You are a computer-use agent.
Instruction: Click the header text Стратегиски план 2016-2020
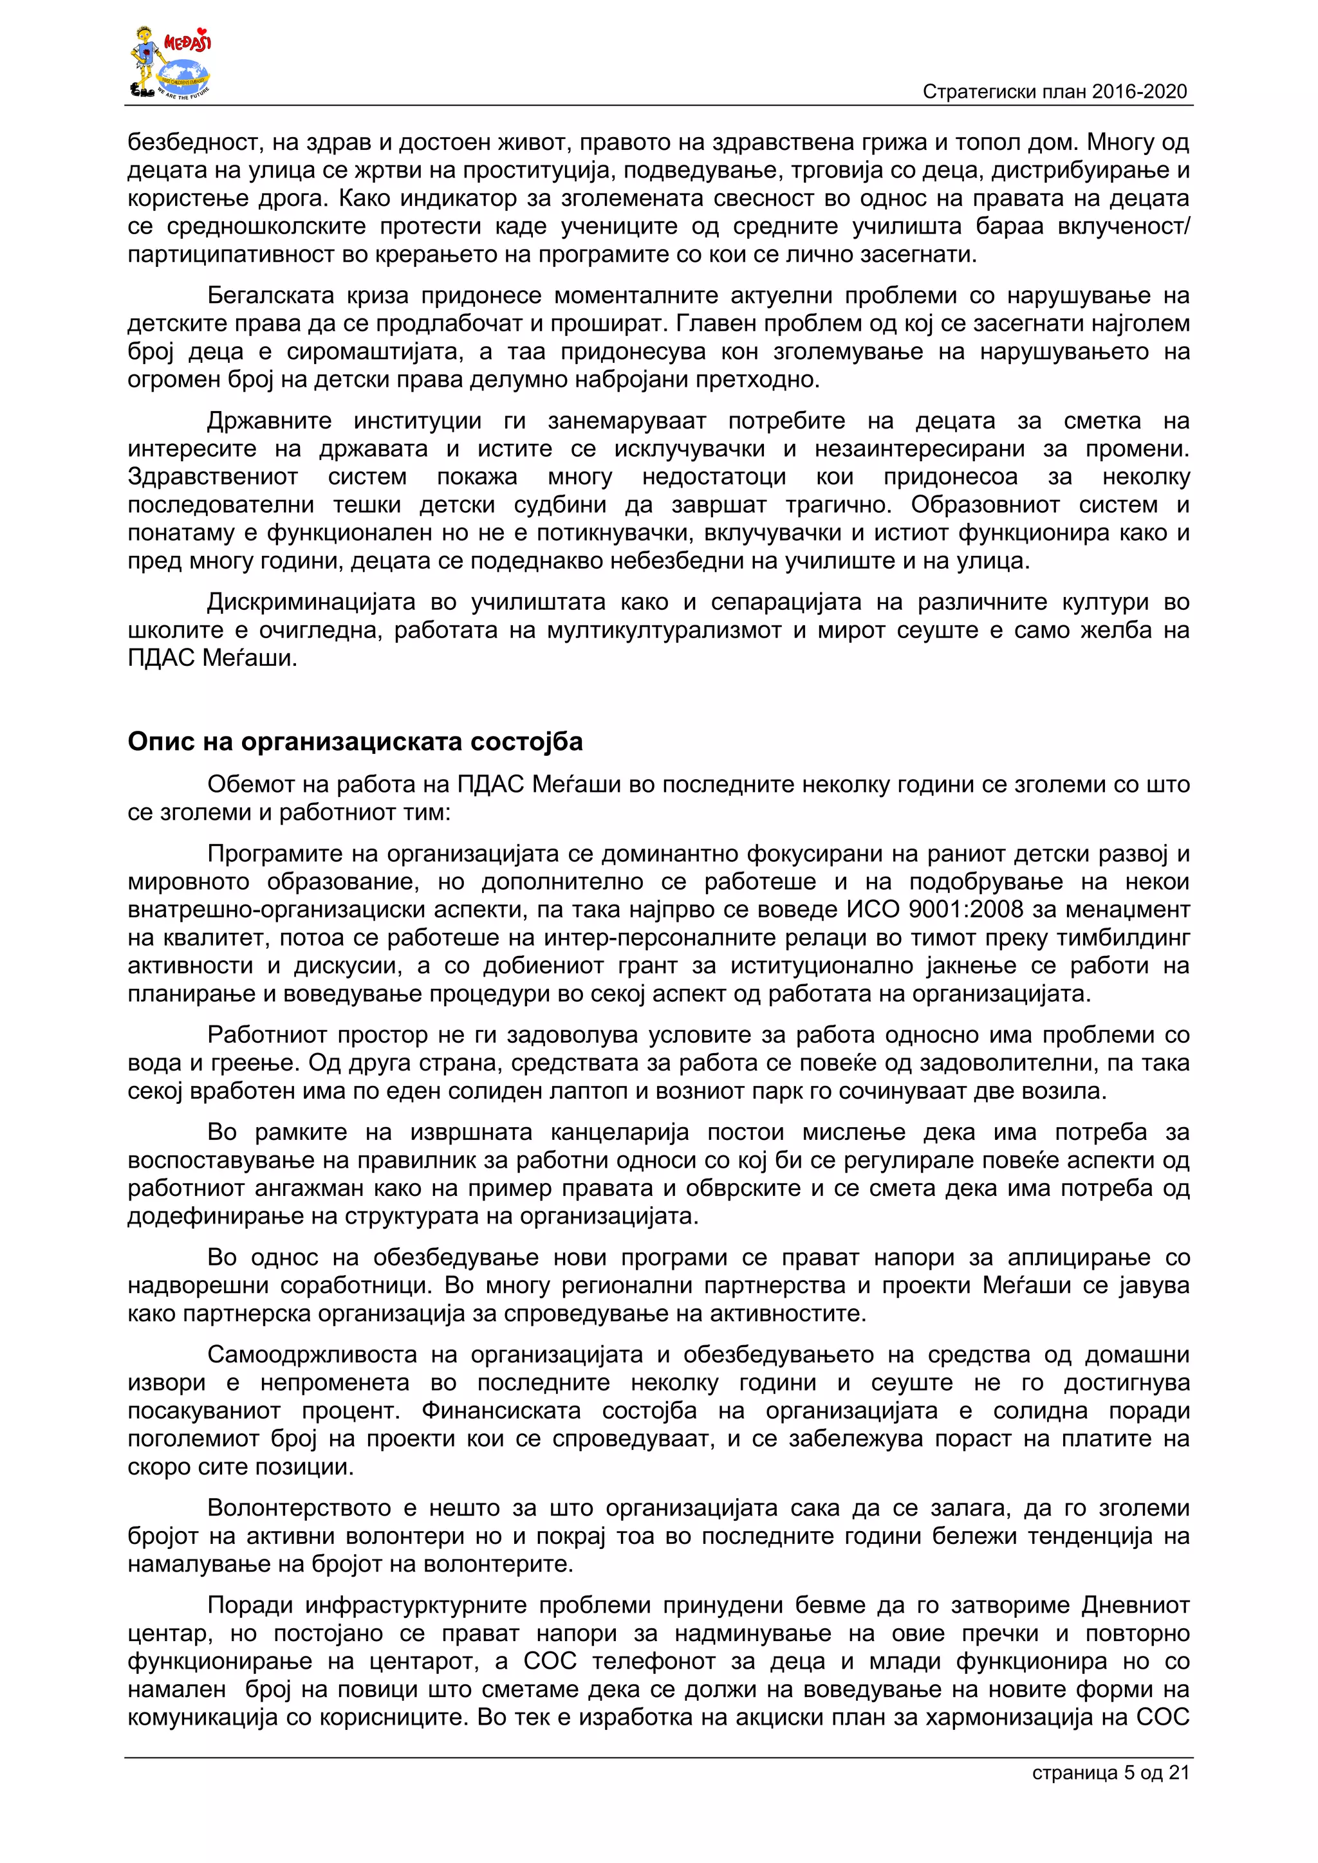pyautogui.click(x=1054, y=92)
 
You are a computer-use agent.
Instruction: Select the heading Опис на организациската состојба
pyautogui.click(x=355, y=742)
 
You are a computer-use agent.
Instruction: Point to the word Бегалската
pyautogui.click(x=271, y=295)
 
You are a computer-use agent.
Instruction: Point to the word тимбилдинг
pyautogui.click(x=1122, y=938)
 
